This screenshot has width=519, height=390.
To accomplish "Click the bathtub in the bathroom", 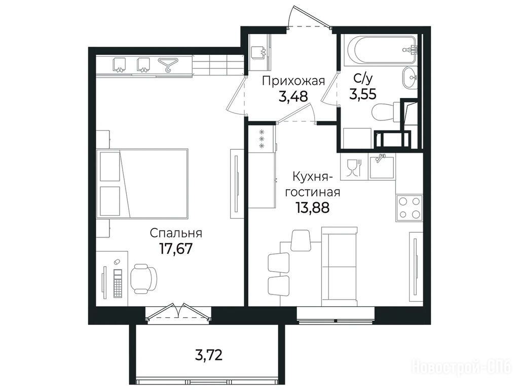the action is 380,51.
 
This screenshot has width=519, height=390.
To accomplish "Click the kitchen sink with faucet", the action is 382,166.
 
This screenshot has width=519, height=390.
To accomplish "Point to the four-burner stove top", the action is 410,208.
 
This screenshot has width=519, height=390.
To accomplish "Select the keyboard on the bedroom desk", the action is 118,283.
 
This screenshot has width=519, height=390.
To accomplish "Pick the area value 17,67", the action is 176,248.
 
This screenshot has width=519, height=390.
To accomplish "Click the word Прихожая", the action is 293,81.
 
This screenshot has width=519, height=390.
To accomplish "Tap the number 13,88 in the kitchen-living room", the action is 313,208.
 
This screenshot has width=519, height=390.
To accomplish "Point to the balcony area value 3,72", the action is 208,355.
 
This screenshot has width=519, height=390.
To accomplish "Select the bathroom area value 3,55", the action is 363,94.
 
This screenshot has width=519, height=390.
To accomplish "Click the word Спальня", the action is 176,233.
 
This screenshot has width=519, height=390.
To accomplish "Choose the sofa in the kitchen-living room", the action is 339,266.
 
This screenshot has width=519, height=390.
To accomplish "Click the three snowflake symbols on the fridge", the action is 262,138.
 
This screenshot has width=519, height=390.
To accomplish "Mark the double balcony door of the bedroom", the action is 178,312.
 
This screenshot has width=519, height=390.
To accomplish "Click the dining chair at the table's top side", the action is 301,240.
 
